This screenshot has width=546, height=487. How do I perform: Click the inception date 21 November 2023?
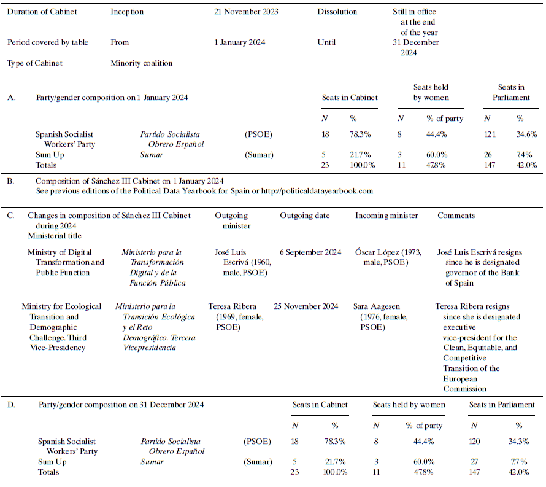[x=246, y=12]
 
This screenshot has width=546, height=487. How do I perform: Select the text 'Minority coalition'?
[x=141, y=63]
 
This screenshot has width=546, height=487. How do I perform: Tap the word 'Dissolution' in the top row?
[x=337, y=12]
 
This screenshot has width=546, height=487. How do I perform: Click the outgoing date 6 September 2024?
[x=311, y=252]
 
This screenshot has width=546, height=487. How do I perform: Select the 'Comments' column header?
[x=456, y=216]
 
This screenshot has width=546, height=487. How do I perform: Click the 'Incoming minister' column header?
[x=386, y=216]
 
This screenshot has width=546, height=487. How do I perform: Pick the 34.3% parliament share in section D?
[x=520, y=442]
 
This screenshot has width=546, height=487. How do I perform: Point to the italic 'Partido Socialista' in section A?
[x=170, y=134]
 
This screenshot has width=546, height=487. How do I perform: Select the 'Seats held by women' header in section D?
[x=409, y=405]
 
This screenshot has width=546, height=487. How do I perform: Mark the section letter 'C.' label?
[x=10, y=216]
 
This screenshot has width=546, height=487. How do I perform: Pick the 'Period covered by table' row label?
[x=48, y=42]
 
